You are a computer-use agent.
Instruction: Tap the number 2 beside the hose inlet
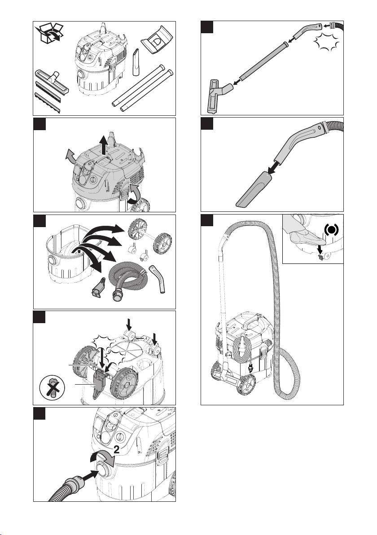click(x=116, y=450)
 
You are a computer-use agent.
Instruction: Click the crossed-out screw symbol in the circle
click(x=52, y=388)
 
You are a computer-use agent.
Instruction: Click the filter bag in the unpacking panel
click(x=157, y=39)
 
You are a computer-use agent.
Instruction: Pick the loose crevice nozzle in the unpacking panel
click(x=136, y=62)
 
